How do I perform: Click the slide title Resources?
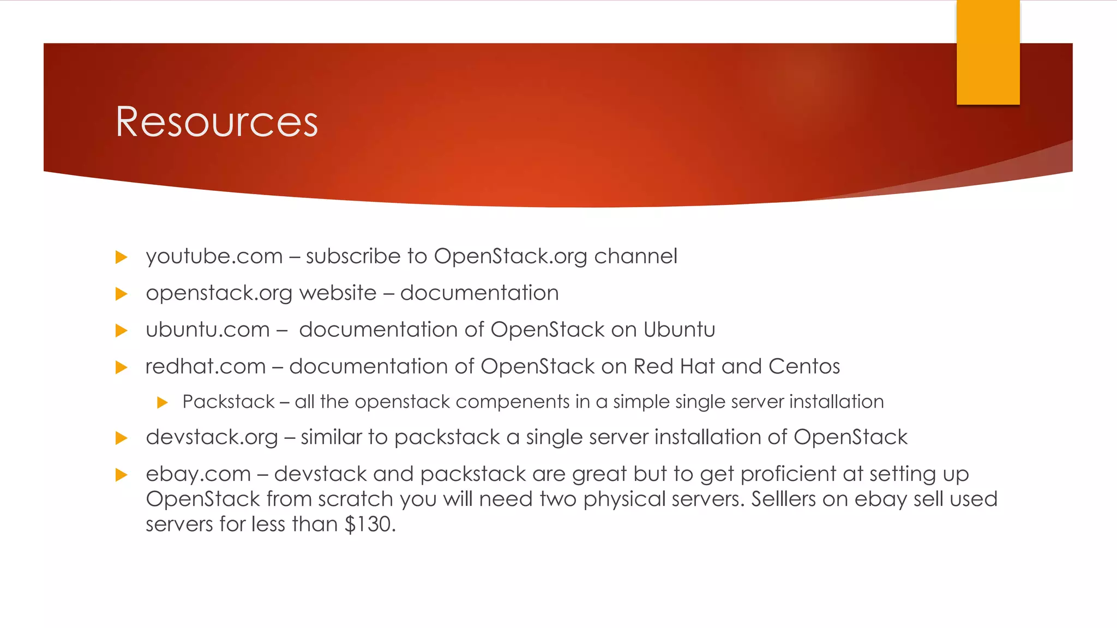tap(217, 122)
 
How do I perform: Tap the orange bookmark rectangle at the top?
tap(988, 52)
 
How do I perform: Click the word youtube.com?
tap(214, 257)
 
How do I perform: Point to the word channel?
tap(635, 256)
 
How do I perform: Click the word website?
tap(338, 293)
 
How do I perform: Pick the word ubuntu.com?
tap(208, 330)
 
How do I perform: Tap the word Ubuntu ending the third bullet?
tap(679, 330)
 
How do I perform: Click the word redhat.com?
tap(206, 366)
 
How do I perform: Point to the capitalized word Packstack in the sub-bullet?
tap(229, 402)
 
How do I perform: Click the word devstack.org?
tap(212, 438)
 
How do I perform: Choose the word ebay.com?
tap(198, 474)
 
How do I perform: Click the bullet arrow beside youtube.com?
tap(122, 257)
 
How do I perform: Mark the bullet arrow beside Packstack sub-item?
tap(162, 403)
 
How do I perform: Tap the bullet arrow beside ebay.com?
tap(122, 475)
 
